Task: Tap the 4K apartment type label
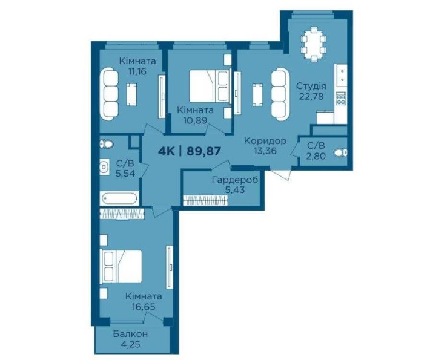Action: pyautogui.click(x=167, y=151)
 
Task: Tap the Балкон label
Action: pyautogui.click(x=130, y=334)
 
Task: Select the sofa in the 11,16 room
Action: pyautogui.click(x=110, y=93)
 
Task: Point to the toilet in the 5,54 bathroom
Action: pyautogui.click(x=107, y=144)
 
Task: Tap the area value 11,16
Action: pyautogui.click(x=137, y=71)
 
